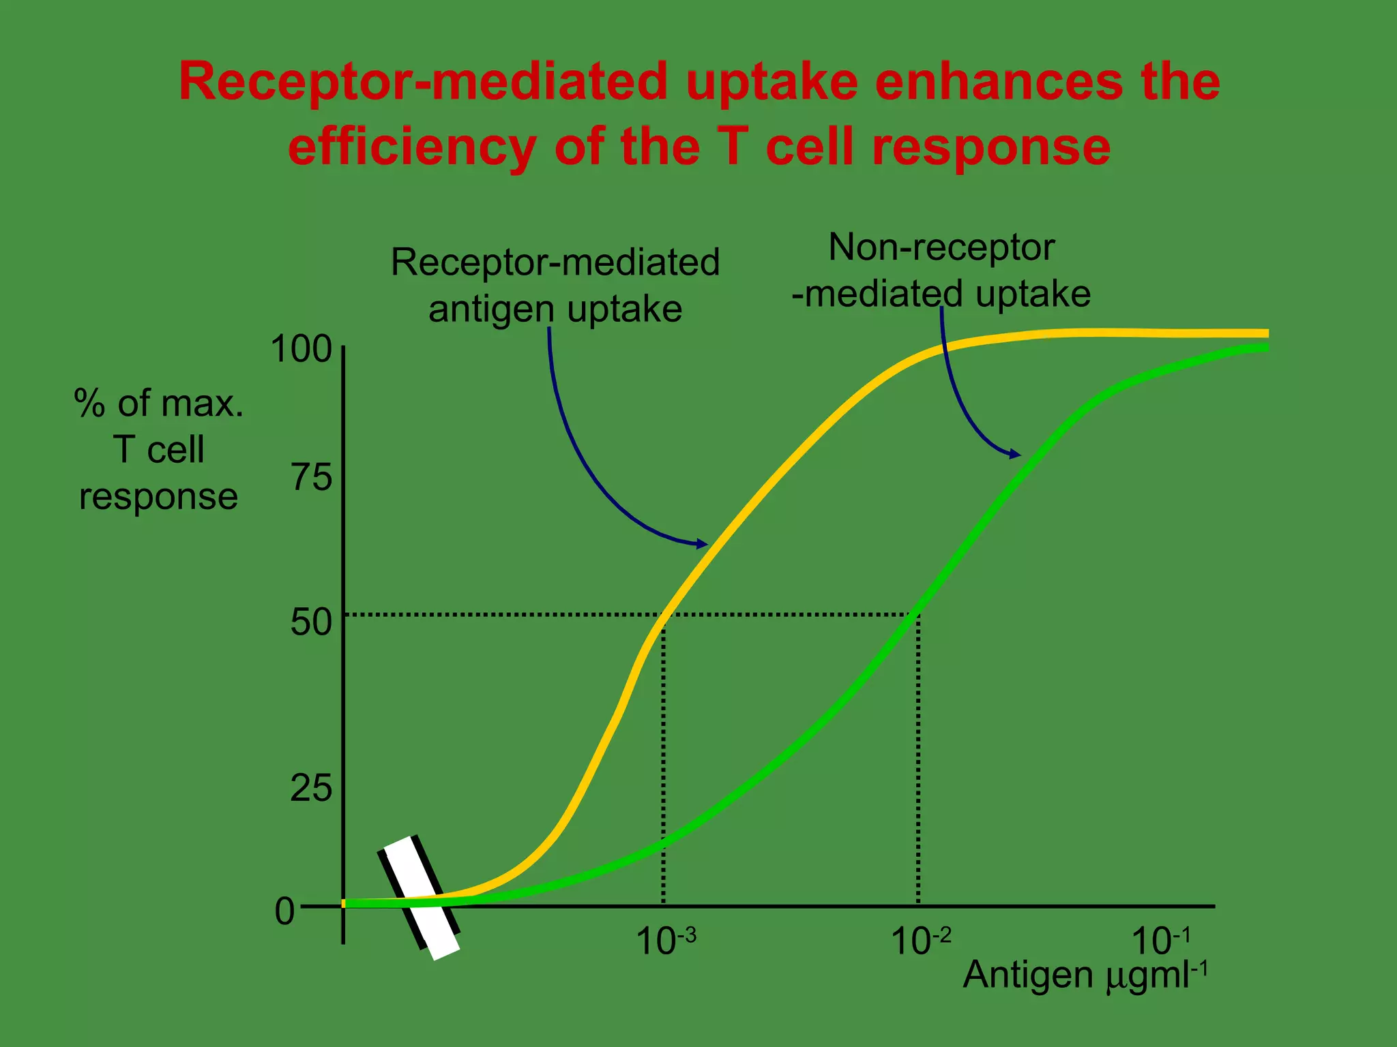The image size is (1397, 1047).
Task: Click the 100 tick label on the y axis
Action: [302, 349]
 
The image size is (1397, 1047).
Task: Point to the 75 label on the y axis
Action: [312, 476]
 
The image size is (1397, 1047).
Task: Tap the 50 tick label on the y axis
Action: [311, 622]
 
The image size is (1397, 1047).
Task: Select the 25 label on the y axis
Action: [311, 788]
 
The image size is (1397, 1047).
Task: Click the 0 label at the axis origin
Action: [284, 911]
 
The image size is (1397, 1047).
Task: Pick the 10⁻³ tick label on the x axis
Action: [666, 941]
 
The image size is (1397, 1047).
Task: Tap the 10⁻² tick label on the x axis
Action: [920, 941]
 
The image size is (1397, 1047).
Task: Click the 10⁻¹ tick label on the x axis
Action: [1161, 941]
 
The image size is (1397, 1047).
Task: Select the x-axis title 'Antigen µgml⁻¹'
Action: [1085, 975]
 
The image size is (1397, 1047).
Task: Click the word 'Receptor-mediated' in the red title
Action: [423, 82]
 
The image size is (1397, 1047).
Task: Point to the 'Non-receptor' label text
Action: [941, 247]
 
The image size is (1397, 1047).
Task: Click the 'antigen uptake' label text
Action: [555, 309]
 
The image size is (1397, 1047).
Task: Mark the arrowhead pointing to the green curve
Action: [1016, 454]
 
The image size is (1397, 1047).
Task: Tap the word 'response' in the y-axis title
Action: [158, 496]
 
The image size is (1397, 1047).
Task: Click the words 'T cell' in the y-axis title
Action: [158, 450]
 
